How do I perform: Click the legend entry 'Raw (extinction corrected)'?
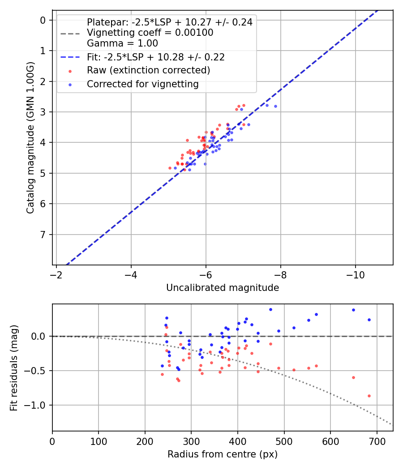(148, 70)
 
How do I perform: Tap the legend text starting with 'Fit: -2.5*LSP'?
(155, 57)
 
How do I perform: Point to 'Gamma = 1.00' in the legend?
(122, 43)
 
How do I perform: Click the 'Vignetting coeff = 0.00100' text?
(150, 33)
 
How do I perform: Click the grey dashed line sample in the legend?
(70, 33)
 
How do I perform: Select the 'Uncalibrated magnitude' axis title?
(223, 288)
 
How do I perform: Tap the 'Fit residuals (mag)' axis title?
(13, 367)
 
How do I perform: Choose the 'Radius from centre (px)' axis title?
(223, 454)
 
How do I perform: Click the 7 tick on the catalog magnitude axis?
(43, 235)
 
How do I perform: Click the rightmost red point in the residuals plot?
(369, 396)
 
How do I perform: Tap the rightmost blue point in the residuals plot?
(369, 320)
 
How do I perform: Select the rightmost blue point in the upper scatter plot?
(275, 106)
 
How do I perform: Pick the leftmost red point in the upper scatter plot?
(170, 168)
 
